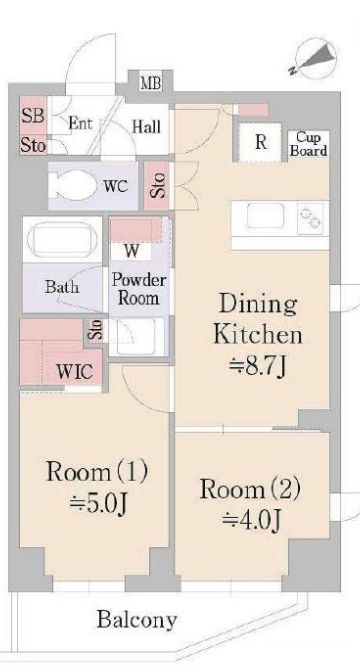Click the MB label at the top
[x=151, y=82]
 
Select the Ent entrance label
[x=80, y=124]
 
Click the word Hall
[x=146, y=127]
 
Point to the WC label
[x=116, y=185]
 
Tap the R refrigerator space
[x=260, y=142]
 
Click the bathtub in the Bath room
[x=61, y=241]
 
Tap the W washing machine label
[x=131, y=250]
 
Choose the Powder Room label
[x=138, y=288]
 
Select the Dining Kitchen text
[x=259, y=319]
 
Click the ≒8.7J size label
[x=259, y=367]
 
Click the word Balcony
[x=137, y=619]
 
